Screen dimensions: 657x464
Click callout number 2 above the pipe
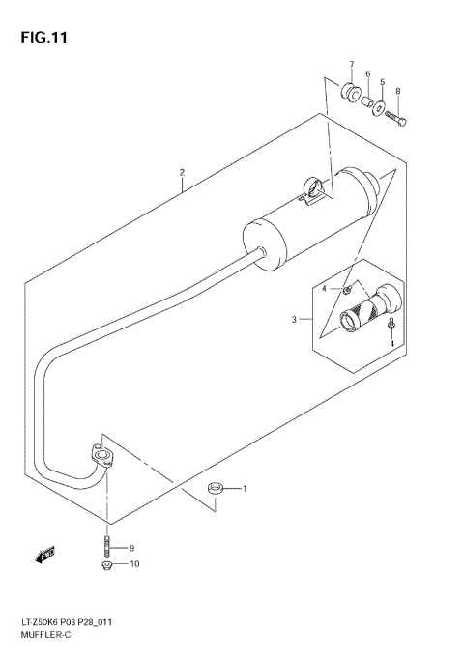(181, 173)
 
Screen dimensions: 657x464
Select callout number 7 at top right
(352, 66)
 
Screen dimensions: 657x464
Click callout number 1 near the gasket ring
(245, 488)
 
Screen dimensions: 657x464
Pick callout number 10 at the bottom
(133, 564)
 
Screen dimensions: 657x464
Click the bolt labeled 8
(396, 119)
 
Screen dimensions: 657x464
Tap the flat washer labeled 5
(381, 108)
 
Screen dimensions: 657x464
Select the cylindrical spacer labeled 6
(368, 100)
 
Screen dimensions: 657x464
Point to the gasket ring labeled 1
(217, 489)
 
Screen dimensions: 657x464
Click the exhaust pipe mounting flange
(101, 455)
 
